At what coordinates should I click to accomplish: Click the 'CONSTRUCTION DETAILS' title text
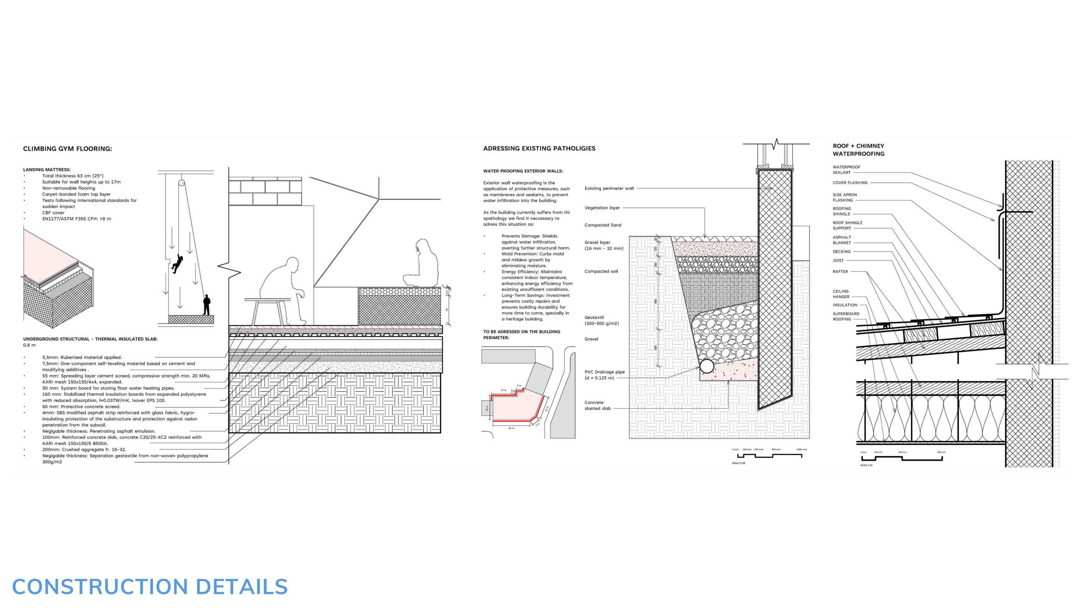pos(150,587)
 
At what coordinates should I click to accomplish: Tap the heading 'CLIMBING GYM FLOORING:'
pos(67,149)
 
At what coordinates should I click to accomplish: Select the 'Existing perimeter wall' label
pos(609,188)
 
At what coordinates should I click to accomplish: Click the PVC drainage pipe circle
pos(707,366)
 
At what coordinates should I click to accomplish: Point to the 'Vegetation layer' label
pos(602,207)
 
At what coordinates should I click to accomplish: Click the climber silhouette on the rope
pos(177,264)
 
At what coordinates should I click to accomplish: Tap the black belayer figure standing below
pos(207,305)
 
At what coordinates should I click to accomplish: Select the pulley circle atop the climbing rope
pos(181,183)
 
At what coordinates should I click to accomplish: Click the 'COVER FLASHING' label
pos(850,183)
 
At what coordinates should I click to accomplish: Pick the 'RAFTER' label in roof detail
pos(840,271)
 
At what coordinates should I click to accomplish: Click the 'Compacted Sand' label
pos(603,225)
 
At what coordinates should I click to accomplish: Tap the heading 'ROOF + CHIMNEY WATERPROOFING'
pos(858,150)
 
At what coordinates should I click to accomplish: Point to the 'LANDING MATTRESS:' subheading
pos(47,169)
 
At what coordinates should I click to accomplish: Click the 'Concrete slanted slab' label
pos(597,405)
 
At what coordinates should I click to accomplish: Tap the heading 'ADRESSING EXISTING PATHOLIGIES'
pos(539,148)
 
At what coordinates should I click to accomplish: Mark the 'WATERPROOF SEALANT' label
pos(846,169)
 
